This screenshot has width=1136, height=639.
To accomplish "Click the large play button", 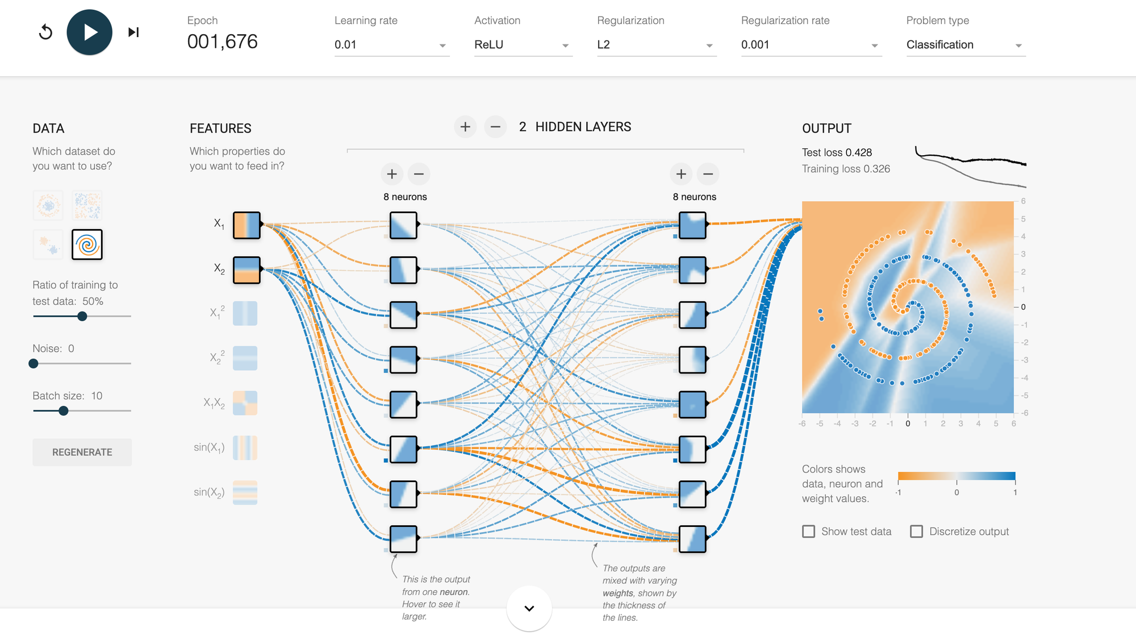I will pyautogui.click(x=89, y=32).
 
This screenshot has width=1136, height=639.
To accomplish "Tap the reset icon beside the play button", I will pyautogui.click(x=45, y=32).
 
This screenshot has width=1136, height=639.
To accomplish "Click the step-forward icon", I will pyautogui.click(x=133, y=32).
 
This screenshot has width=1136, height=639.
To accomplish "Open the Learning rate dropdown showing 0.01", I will pyautogui.click(x=391, y=45).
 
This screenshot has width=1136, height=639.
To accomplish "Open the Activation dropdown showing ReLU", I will pyautogui.click(x=522, y=45).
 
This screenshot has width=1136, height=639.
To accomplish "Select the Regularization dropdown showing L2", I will pyautogui.click(x=655, y=45).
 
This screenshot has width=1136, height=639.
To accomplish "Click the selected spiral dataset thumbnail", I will pyautogui.click(x=87, y=244).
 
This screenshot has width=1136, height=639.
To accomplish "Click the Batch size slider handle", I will pyautogui.click(x=64, y=410).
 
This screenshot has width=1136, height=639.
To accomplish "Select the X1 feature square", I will pyautogui.click(x=247, y=225).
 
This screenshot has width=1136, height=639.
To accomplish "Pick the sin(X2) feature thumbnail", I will pyautogui.click(x=245, y=493).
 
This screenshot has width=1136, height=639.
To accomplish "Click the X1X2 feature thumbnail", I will pyautogui.click(x=245, y=403).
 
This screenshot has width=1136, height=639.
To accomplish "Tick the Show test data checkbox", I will pyautogui.click(x=808, y=532).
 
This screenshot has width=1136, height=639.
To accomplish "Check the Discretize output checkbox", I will pyautogui.click(x=916, y=532).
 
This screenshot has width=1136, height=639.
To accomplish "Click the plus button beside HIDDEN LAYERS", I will pyautogui.click(x=465, y=127).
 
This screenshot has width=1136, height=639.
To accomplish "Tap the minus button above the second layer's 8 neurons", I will pyautogui.click(x=708, y=174).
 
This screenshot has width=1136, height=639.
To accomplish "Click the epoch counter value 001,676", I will pyautogui.click(x=223, y=42).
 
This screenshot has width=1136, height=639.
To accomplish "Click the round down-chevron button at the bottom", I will pyautogui.click(x=529, y=608).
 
